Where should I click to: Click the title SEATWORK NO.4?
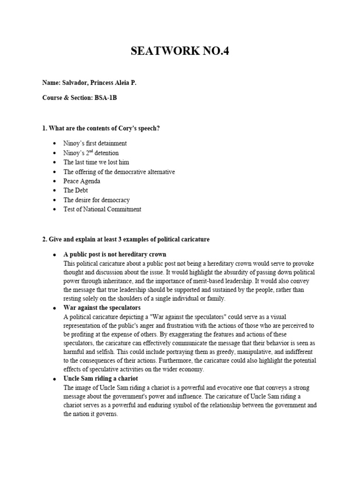tap(180, 51)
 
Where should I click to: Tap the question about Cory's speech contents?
tap(101, 128)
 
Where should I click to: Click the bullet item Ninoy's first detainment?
tap(95, 143)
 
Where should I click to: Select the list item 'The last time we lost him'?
tap(96, 162)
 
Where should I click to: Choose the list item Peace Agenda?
tap(82, 181)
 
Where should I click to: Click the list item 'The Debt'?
tap(75, 190)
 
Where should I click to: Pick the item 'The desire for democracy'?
tap(97, 200)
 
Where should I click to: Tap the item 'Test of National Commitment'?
tap(102, 209)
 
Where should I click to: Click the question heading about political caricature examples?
tap(126, 239)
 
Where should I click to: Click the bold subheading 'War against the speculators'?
tap(102, 308)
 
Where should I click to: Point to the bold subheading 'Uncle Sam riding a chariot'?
tap(101, 378)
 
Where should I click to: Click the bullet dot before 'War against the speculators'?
tap(55, 308)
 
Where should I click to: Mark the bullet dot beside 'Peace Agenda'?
tap(55, 181)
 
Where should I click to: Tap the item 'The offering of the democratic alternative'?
tap(119, 172)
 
